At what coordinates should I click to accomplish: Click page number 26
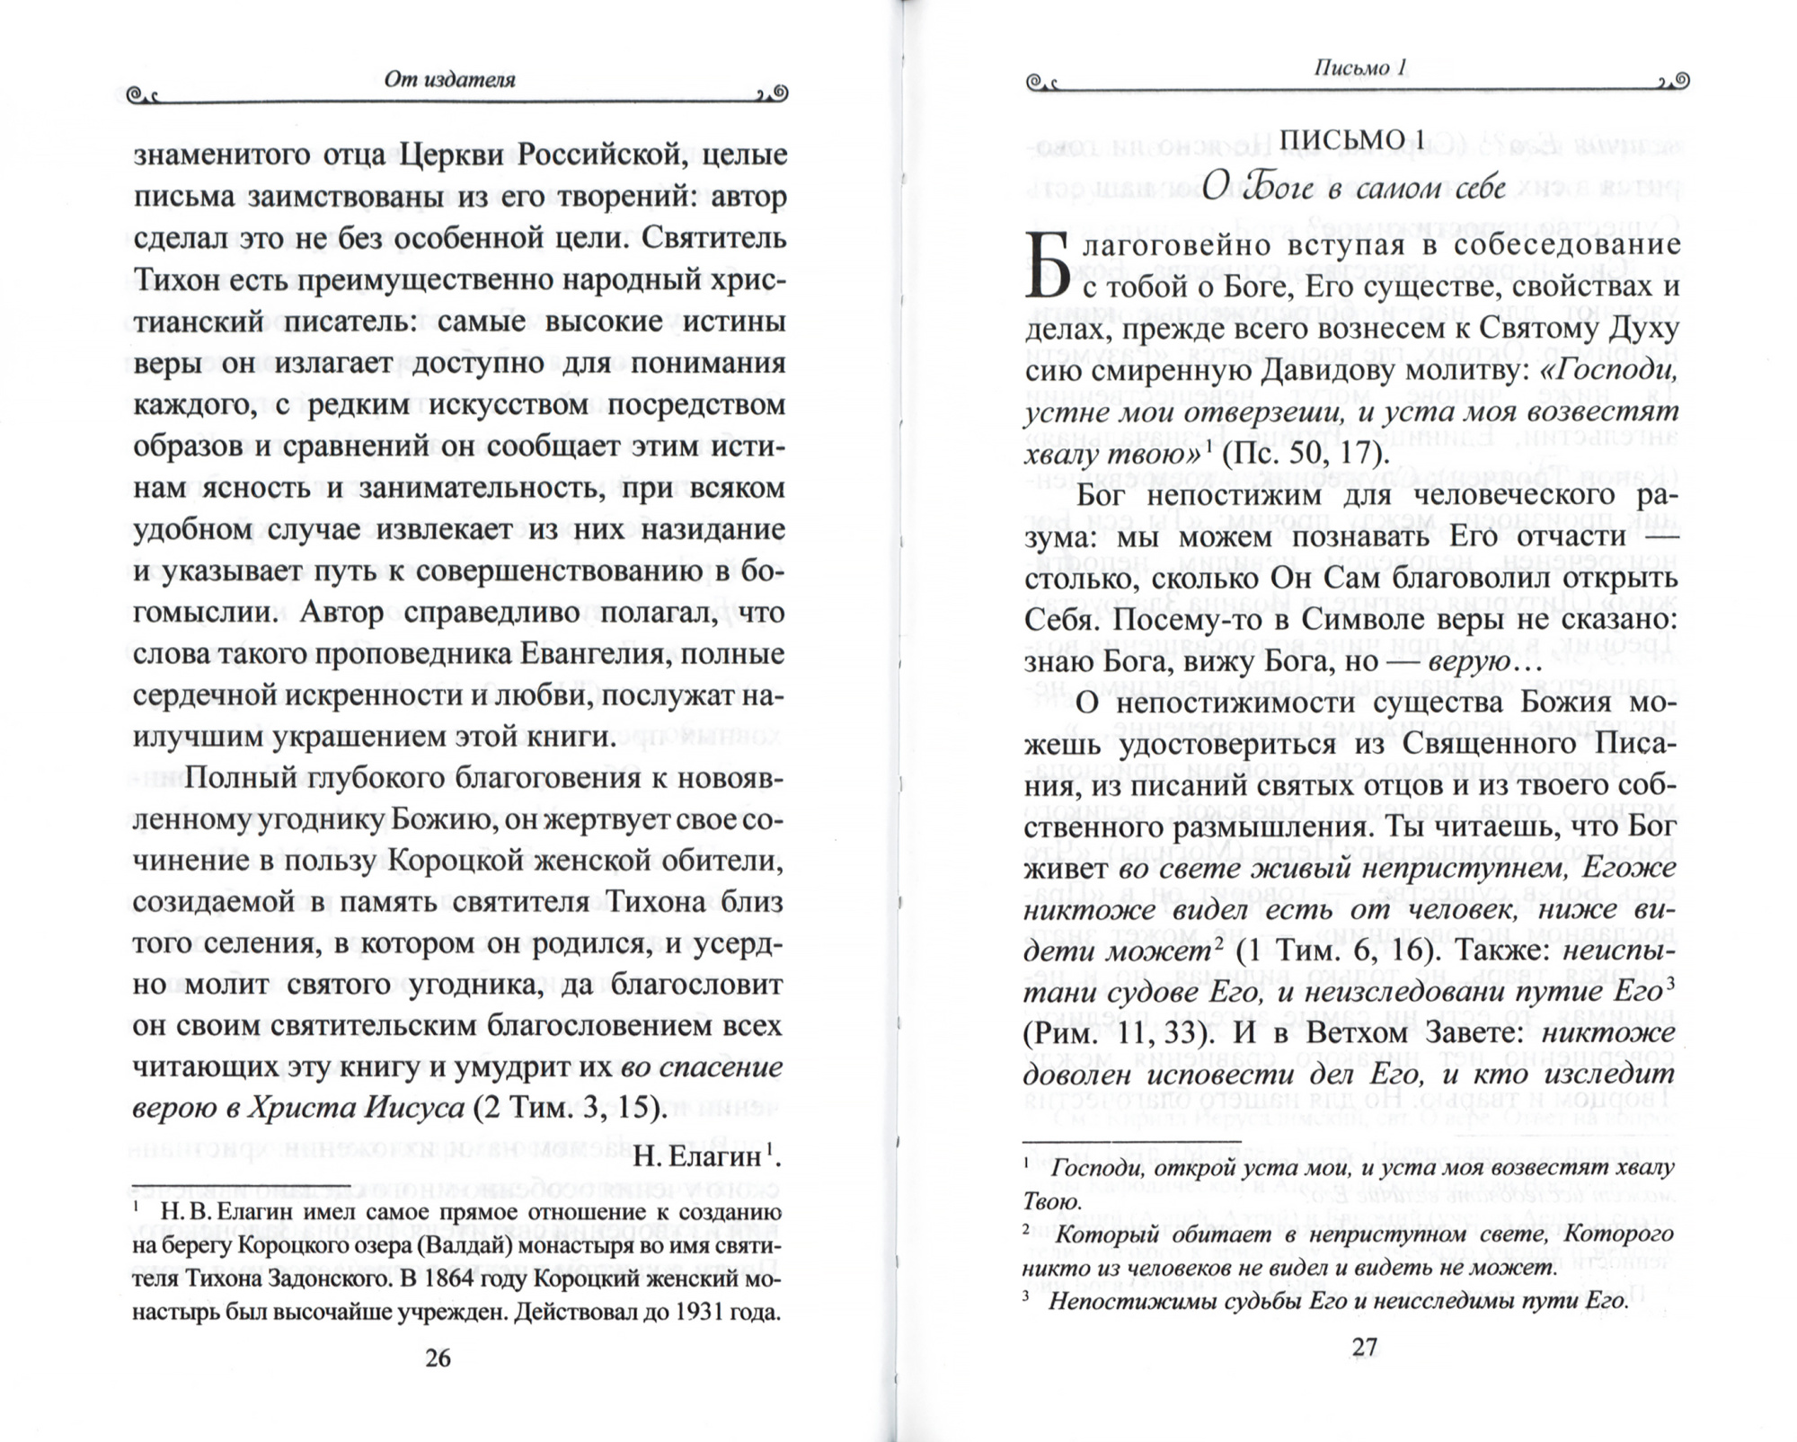[x=438, y=1358]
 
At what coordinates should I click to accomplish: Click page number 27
[x=1363, y=1347]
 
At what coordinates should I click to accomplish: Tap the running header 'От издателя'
[x=449, y=79]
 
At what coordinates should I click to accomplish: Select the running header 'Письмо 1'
[x=1359, y=67]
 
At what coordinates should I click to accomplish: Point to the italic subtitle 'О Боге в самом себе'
[x=1353, y=188]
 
